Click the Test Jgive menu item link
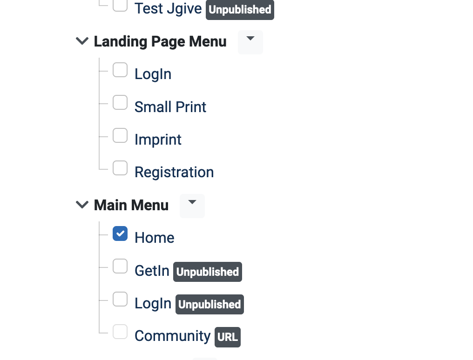pos(168,8)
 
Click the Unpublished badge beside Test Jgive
pos(240,10)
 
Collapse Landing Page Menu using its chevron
pos(82,41)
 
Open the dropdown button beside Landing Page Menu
pos(250,42)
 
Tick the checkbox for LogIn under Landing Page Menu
pos(120,70)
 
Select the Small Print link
pos(170,107)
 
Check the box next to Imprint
pos(120,135)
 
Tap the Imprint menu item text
pos(158,140)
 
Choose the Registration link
pos(174,172)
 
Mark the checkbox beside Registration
pos(120,168)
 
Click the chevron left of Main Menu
pos(82,205)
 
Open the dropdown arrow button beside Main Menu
pos(192,206)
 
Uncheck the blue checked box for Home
pos(120,233)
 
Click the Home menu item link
pos(155,238)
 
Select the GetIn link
pos(152,271)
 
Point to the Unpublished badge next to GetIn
pos(208,272)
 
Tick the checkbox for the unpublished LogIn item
pos(120,299)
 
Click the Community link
pos(173,336)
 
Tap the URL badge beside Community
pos(228,337)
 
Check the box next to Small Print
pos(120,102)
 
